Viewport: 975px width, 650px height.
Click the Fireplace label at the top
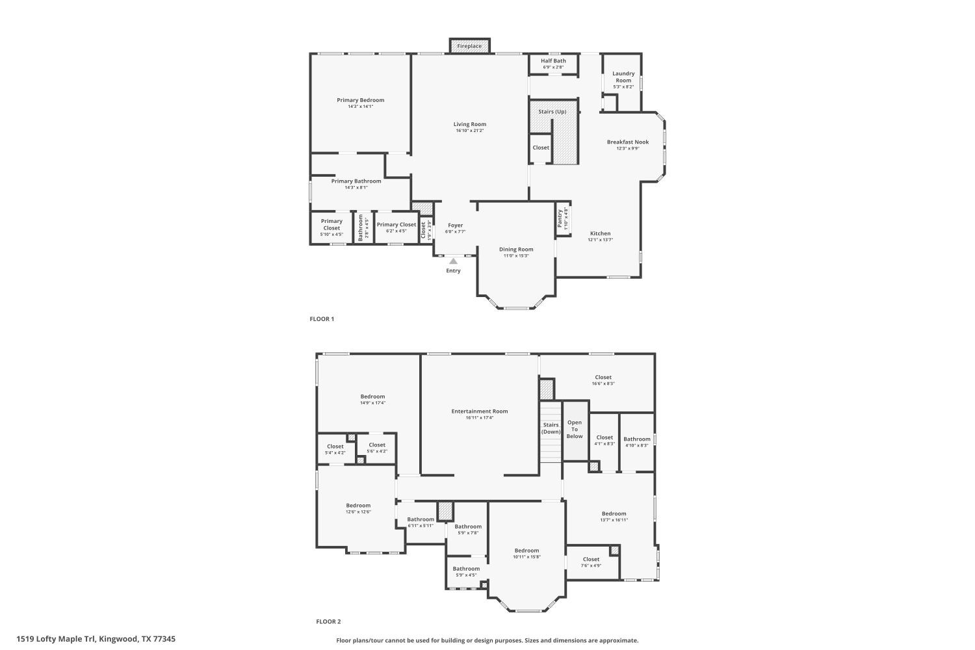point(469,46)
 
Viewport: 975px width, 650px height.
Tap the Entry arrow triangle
point(453,261)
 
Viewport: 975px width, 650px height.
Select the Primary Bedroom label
point(360,100)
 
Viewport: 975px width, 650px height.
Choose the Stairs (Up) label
point(552,112)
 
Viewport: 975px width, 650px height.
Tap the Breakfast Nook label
point(627,142)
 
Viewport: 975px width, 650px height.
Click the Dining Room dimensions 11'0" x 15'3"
point(516,256)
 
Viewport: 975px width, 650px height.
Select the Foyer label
point(455,226)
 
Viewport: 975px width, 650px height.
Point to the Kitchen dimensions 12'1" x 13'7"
point(600,240)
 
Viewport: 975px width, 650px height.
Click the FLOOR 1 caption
point(321,319)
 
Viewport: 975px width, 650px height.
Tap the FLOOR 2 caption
point(328,622)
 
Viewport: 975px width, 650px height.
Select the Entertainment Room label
point(480,411)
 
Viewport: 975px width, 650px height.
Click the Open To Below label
point(575,429)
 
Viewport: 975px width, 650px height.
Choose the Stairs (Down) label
point(551,428)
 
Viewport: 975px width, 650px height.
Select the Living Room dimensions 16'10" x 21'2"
point(469,131)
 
